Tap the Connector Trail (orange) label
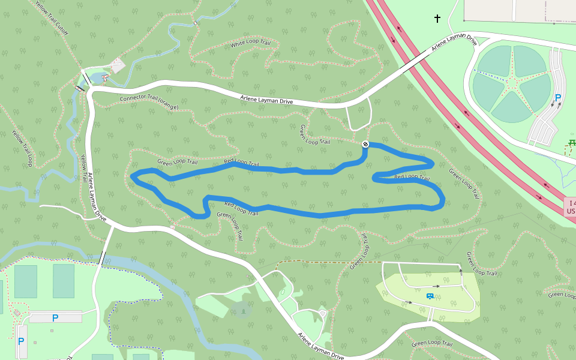tap(149, 102)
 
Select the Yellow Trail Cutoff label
tap(52, 18)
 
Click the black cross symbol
tap(437, 19)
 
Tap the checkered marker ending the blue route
tap(365, 143)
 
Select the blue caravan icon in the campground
tap(430, 296)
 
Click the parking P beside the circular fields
tap(558, 98)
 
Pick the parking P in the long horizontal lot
tap(55, 318)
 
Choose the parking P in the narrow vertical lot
tap(21, 341)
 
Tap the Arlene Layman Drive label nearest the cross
tap(454, 43)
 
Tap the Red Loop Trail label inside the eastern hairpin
tap(412, 177)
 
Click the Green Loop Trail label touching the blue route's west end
tap(177, 162)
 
